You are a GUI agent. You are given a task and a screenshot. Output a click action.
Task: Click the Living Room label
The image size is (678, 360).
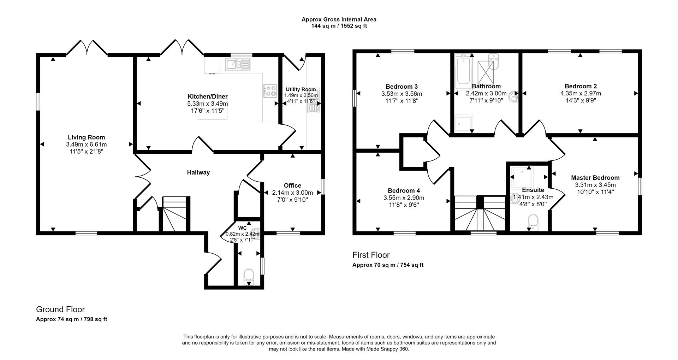tap(86, 137)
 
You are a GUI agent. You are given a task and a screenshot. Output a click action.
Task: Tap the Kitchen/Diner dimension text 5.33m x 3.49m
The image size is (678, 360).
tap(207, 104)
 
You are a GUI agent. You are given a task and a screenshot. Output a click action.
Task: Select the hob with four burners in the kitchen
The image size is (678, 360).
tap(270, 91)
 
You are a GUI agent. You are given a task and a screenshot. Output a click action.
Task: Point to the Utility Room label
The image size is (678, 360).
tap(301, 89)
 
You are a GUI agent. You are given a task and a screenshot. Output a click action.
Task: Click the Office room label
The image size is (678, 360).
tap(292, 185)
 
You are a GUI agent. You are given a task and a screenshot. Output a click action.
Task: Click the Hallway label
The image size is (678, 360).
tap(198, 172)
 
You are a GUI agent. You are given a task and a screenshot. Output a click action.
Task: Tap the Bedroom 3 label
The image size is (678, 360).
tap(402, 87)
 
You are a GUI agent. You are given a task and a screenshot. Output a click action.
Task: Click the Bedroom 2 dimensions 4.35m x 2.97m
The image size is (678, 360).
tap(581, 94)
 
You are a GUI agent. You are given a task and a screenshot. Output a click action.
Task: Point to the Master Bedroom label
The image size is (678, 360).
tap(595, 178)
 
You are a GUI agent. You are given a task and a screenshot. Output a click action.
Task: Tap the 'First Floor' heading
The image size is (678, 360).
tap(371, 255)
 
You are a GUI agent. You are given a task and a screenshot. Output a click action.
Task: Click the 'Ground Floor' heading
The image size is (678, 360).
tap(60, 309)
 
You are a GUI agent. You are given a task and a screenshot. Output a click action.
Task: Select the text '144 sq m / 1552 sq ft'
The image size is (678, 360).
tap(339, 26)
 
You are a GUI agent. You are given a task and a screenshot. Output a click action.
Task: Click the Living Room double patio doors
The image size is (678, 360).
tap(87, 48)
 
